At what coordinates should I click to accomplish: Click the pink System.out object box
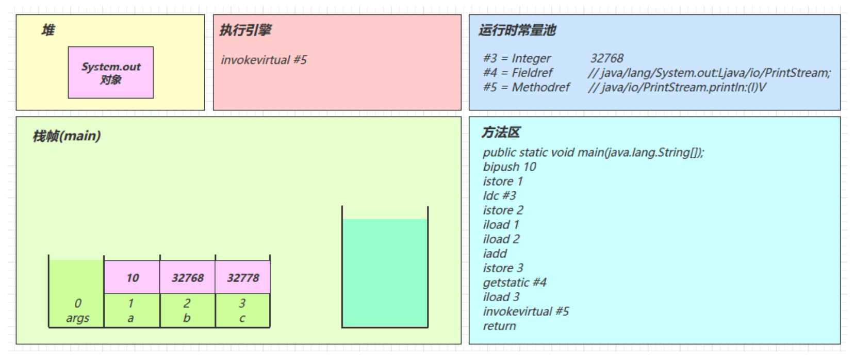tap(110, 73)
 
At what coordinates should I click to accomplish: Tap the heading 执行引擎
tap(245, 30)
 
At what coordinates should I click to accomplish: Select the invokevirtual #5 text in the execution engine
tap(264, 60)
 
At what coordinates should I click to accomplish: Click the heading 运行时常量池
tap(517, 30)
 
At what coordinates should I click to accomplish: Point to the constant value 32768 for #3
tap(606, 58)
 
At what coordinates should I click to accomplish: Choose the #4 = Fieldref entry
tap(518, 73)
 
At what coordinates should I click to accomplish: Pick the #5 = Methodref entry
tap(526, 87)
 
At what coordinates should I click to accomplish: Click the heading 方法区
tap(500, 133)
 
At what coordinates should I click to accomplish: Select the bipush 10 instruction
tap(510, 167)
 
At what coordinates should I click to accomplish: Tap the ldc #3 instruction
tap(499, 195)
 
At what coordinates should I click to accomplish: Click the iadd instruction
tap(495, 253)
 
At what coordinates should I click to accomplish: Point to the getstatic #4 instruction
tap(515, 282)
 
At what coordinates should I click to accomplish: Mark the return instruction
tap(499, 326)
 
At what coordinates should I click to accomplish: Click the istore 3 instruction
tap(503, 268)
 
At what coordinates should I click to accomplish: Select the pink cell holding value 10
tap(133, 277)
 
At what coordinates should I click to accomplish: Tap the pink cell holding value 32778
tap(243, 277)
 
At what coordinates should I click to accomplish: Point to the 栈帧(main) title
tap(67, 136)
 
